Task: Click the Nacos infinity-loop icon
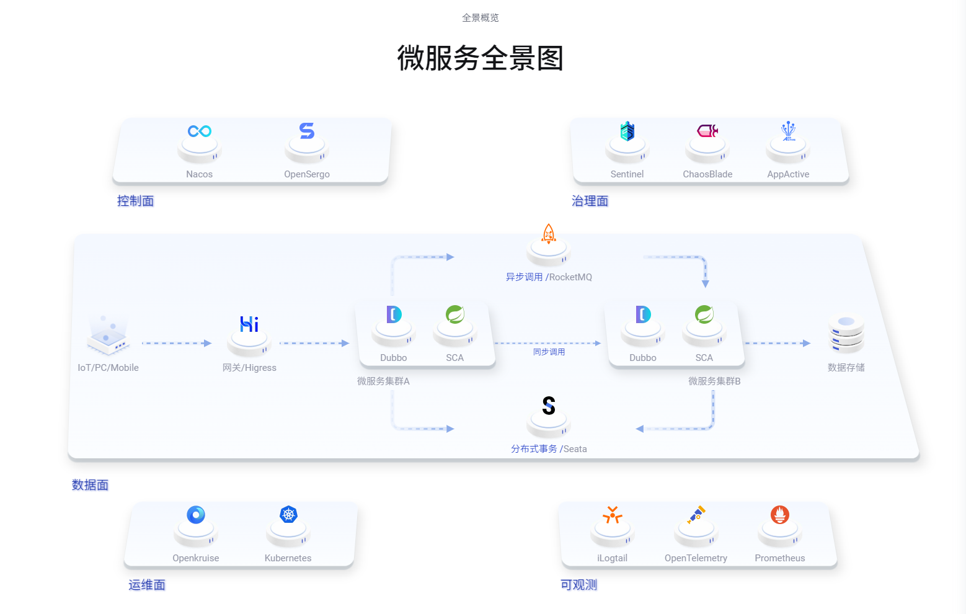pos(200,131)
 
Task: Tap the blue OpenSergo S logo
pos(307,131)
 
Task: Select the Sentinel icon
pos(627,131)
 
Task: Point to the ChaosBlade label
pos(707,174)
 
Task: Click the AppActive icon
pos(788,131)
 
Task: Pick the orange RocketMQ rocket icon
pos(549,234)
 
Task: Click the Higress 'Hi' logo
pos(249,324)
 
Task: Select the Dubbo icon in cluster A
pos(394,314)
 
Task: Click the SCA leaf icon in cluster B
pos(704,314)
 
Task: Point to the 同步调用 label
pos(549,352)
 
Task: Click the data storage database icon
pos(846,334)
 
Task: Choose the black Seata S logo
pos(549,406)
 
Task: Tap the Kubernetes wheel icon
pos(288,515)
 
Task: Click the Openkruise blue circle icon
pos(196,515)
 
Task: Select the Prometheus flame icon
pos(780,515)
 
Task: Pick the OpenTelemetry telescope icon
pos(696,515)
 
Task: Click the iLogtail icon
pos(613,515)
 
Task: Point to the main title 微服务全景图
pos(481,58)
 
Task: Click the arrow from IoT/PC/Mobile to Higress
pos(177,343)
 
